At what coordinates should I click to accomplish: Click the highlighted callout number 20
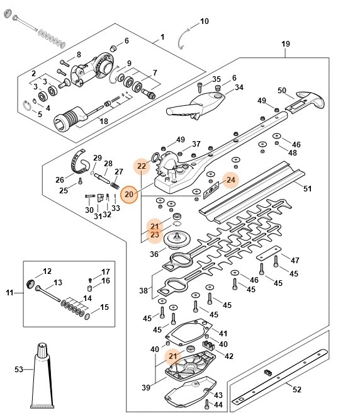pos(129,195)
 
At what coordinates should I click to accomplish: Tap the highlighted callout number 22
pos(142,166)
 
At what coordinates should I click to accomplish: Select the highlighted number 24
pos(230,180)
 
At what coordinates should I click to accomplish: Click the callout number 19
pos(285,44)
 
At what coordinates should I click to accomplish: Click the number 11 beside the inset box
pos(10,293)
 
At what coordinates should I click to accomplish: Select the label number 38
pos(143,291)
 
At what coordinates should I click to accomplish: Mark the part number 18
pos(104,121)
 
